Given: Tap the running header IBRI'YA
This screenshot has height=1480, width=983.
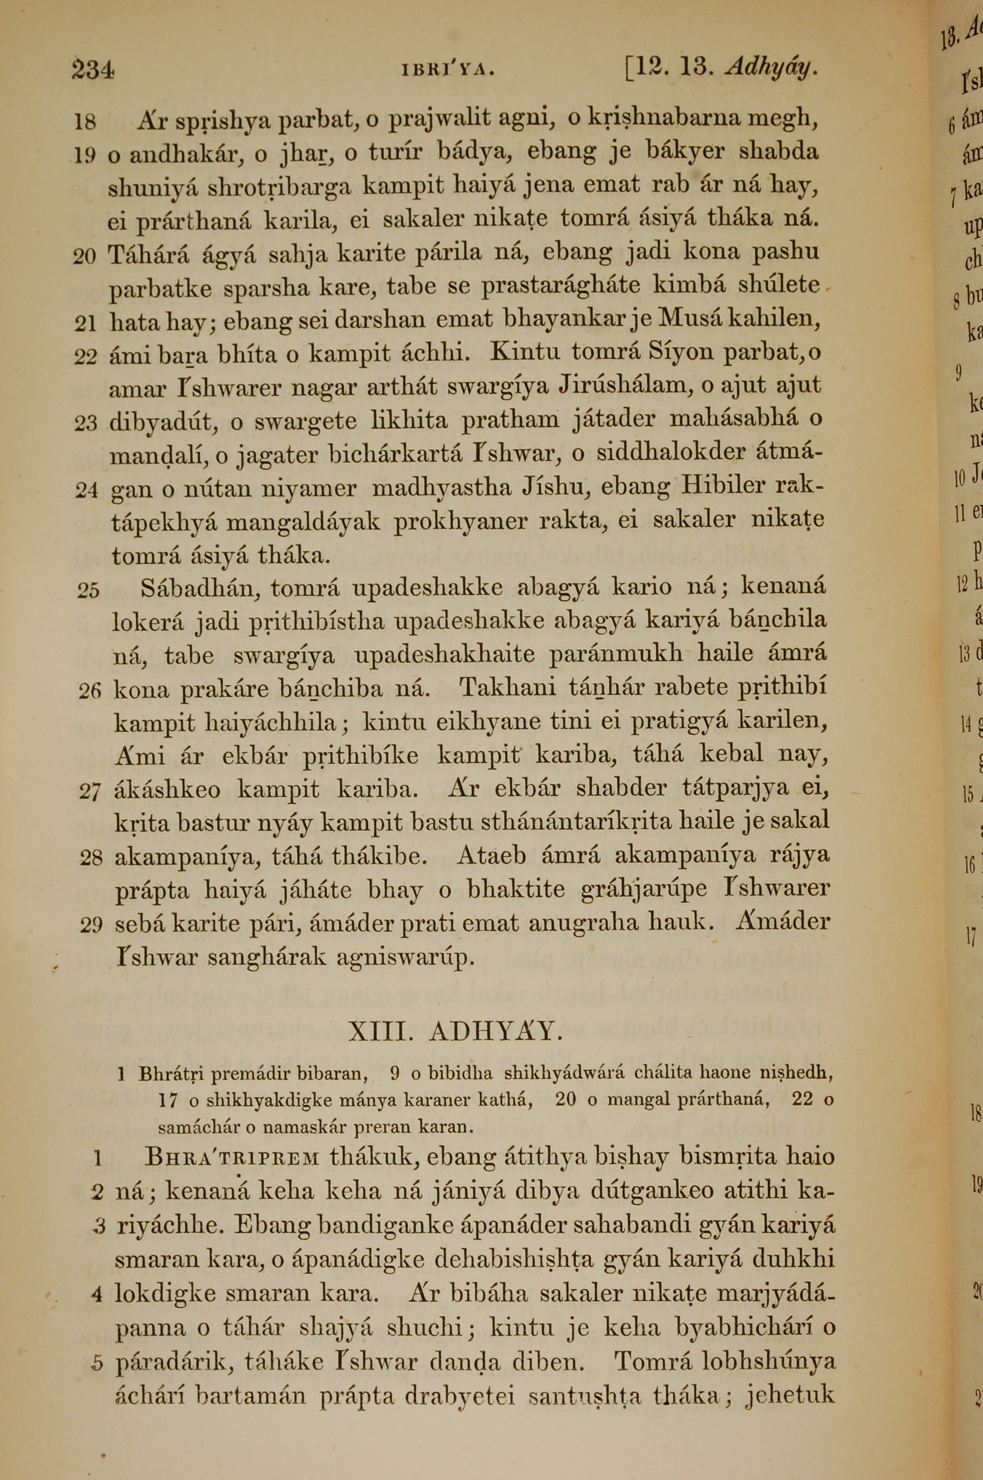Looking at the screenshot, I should coord(448,69).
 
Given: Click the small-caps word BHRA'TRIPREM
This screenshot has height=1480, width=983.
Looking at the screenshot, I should coord(232,1156).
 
